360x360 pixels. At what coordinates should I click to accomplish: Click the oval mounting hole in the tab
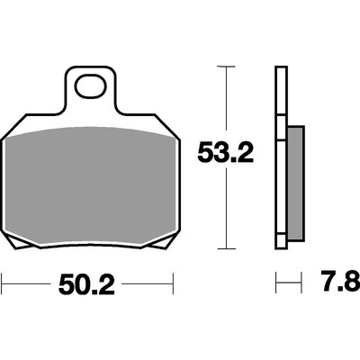pos(91,86)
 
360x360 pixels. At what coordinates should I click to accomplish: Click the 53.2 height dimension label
pos(226,153)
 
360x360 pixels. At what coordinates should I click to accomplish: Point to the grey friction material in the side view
pos(296,184)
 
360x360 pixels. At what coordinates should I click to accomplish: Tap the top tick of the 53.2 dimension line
pos(226,67)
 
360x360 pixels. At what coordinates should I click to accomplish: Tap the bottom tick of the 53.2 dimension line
pos(226,248)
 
